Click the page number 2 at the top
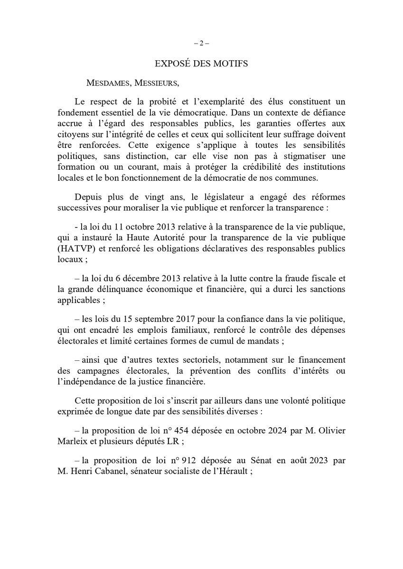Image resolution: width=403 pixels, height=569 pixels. (x=201, y=43)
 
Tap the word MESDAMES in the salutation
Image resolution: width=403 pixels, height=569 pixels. (x=109, y=83)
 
